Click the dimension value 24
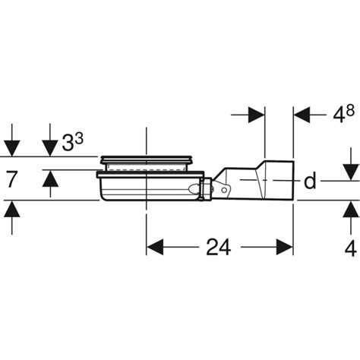pyautogui.click(x=218, y=248)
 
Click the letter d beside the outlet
pyautogui.click(x=311, y=182)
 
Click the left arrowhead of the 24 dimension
pyautogui.click(x=154, y=248)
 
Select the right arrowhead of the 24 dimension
pyautogui.click(x=285, y=248)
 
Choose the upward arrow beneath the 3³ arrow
pyautogui.click(x=49, y=179)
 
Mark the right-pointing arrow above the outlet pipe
pyautogui.click(x=256, y=115)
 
